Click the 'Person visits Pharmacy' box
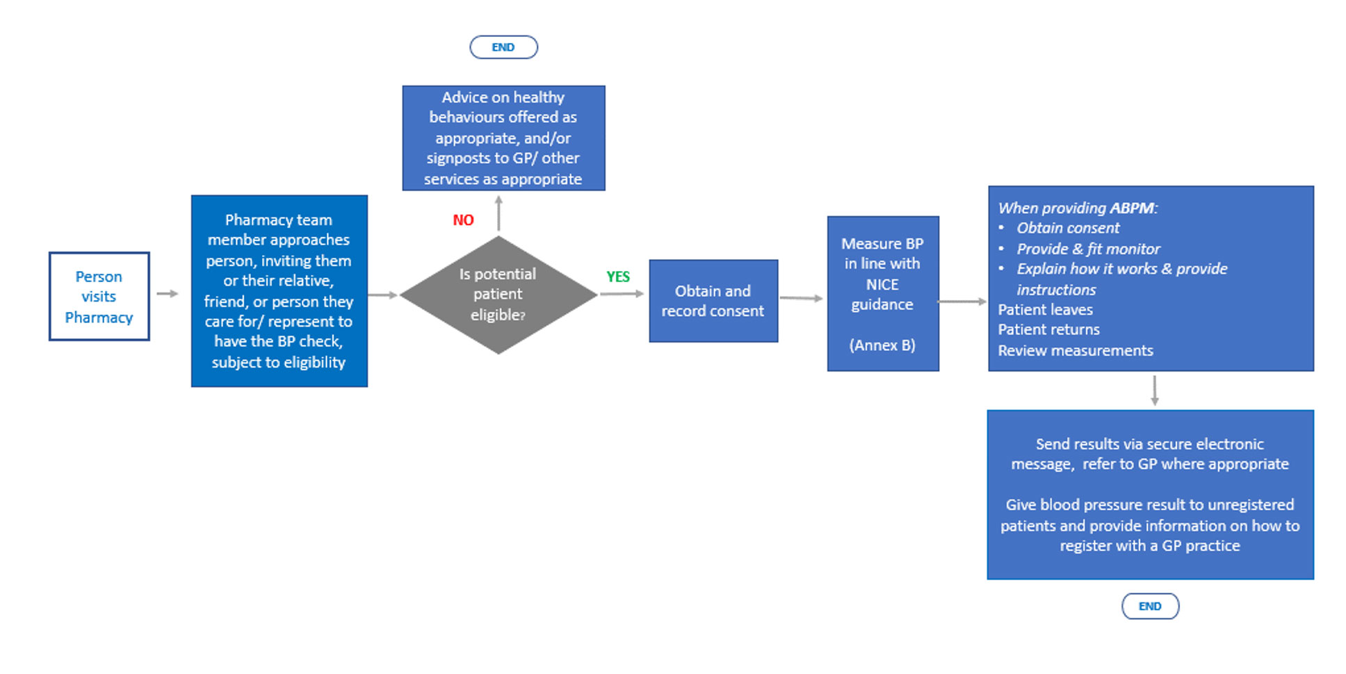pos(99,296)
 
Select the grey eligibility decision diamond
pos(498,295)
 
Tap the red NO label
pos(463,220)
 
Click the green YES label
pos(618,277)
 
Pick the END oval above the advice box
pos(503,47)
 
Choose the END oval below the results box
pos(1150,606)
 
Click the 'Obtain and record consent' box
pos(713,301)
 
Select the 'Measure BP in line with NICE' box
pos(883,293)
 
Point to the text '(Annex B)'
pos(882,345)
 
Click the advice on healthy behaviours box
pos(503,138)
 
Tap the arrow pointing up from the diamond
pos(498,213)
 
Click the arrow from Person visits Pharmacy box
pos(168,294)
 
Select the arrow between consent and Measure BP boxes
pos(801,298)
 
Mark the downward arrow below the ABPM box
pos(1154,391)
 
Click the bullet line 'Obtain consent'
pos(1068,228)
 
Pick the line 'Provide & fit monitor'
pos(1088,249)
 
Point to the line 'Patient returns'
pos(1048,329)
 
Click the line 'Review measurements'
pos(1076,350)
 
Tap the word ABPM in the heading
pos(1131,208)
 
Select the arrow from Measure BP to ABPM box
pos(963,302)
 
